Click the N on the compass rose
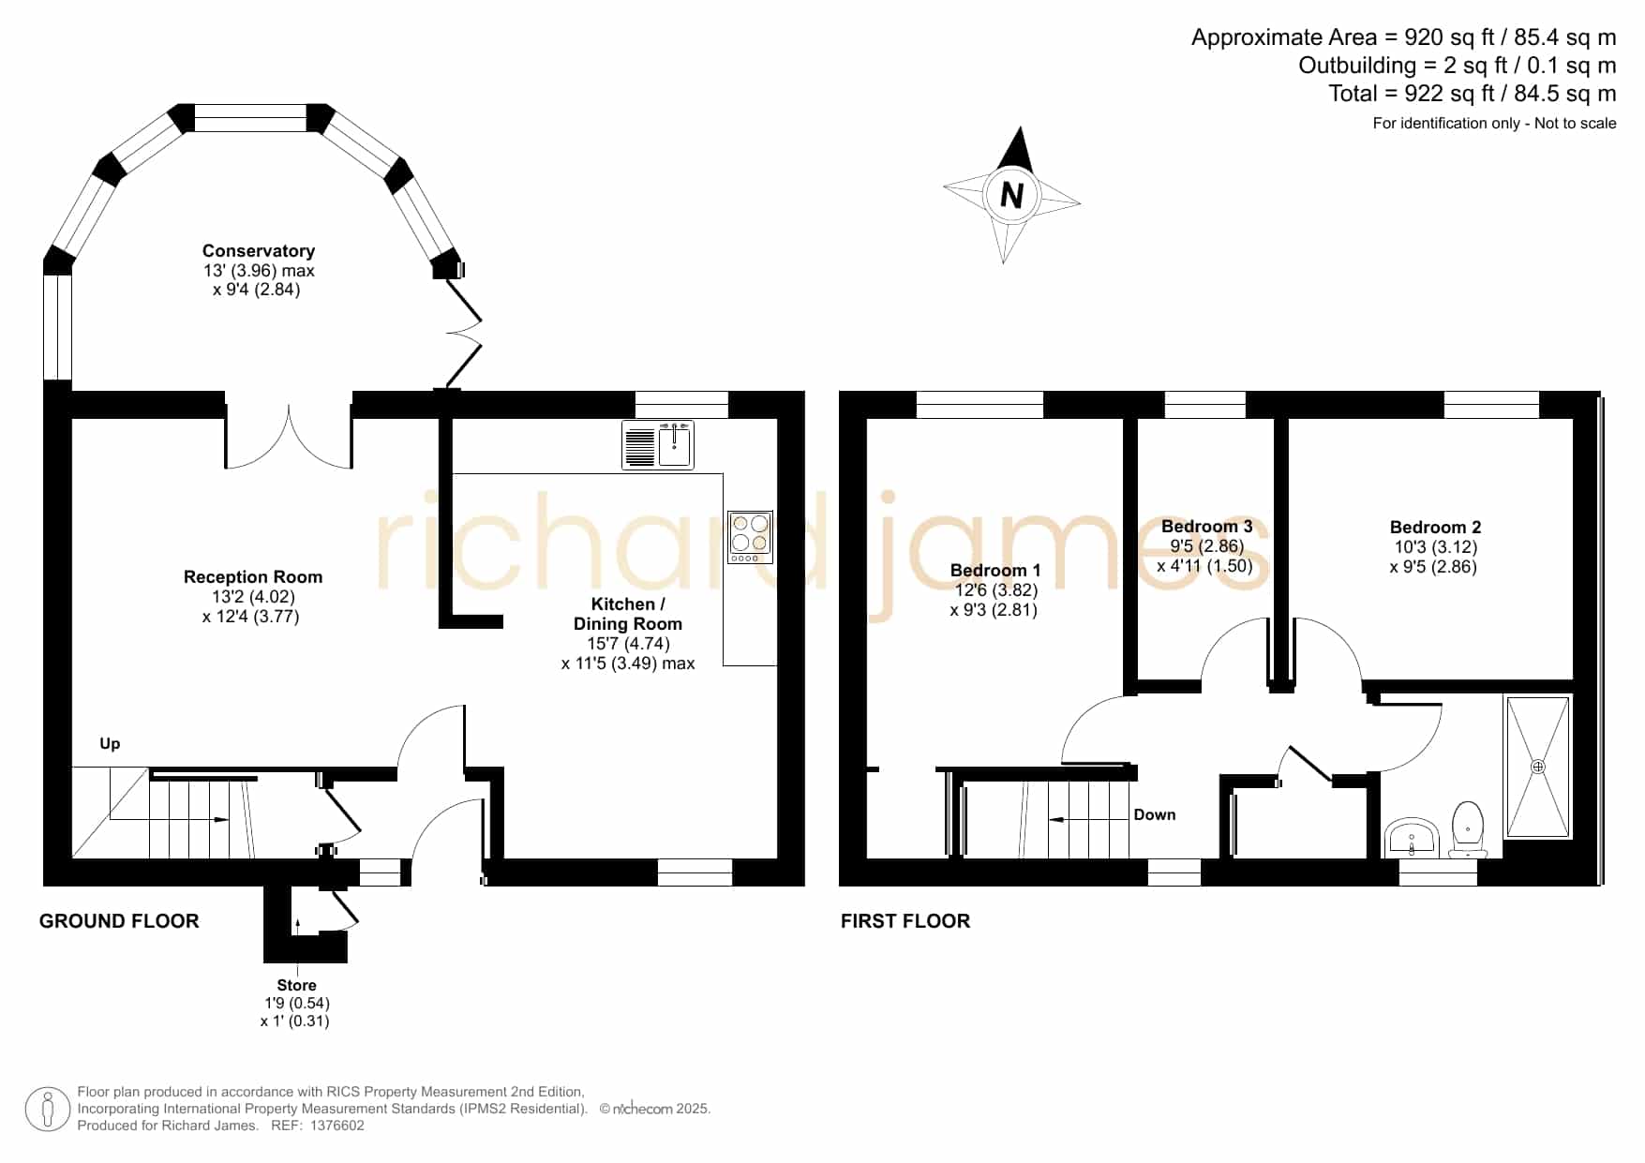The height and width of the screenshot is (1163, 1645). tap(1011, 195)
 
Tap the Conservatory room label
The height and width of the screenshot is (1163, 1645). tap(259, 251)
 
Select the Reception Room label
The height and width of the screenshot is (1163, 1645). tap(253, 577)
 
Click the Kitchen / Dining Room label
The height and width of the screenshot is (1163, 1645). tap(628, 614)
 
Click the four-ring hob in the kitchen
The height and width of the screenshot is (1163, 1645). tap(750, 537)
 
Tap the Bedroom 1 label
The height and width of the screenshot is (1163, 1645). tap(995, 571)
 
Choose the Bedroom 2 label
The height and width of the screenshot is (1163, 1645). tap(1435, 528)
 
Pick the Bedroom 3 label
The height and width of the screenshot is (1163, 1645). tap(1206, 527)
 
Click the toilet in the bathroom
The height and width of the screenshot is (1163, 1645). tap(1467, 830)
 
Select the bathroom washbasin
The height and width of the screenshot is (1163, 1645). tap(1412, 838)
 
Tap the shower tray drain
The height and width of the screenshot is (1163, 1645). tap(1537, 767)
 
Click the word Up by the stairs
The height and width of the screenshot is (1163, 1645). tap(110, 744)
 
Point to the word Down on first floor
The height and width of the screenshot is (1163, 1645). tap(1155, 815)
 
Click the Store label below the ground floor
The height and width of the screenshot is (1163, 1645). tap(296, 986)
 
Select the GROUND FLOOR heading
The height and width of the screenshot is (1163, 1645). tap(119, 921)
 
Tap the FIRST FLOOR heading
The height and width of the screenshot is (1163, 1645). tap(905, 921)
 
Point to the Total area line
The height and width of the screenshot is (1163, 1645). tap(1473, 94)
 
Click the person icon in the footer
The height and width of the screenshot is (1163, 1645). tap(47, 1110)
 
